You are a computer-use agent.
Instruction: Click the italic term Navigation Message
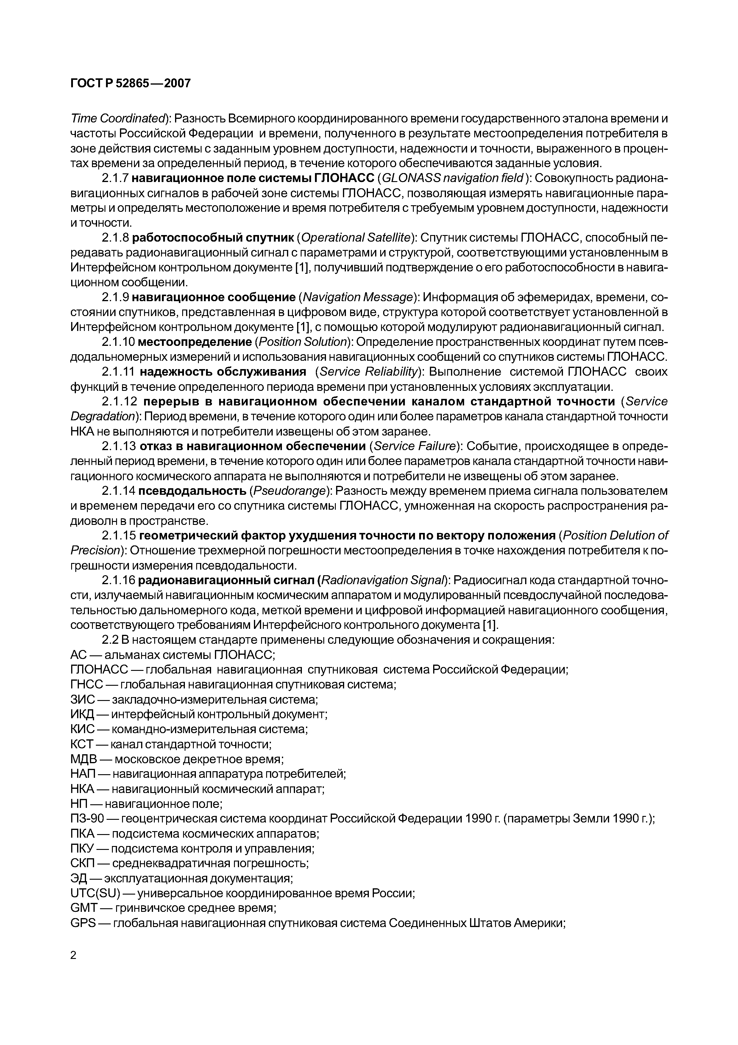[x=358, y=297]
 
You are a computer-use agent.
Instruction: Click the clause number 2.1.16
[x=118, y=580]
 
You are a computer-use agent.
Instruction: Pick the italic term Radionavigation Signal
[x=384, y=580]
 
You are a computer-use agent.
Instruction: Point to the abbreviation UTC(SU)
[x=95, y=893]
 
